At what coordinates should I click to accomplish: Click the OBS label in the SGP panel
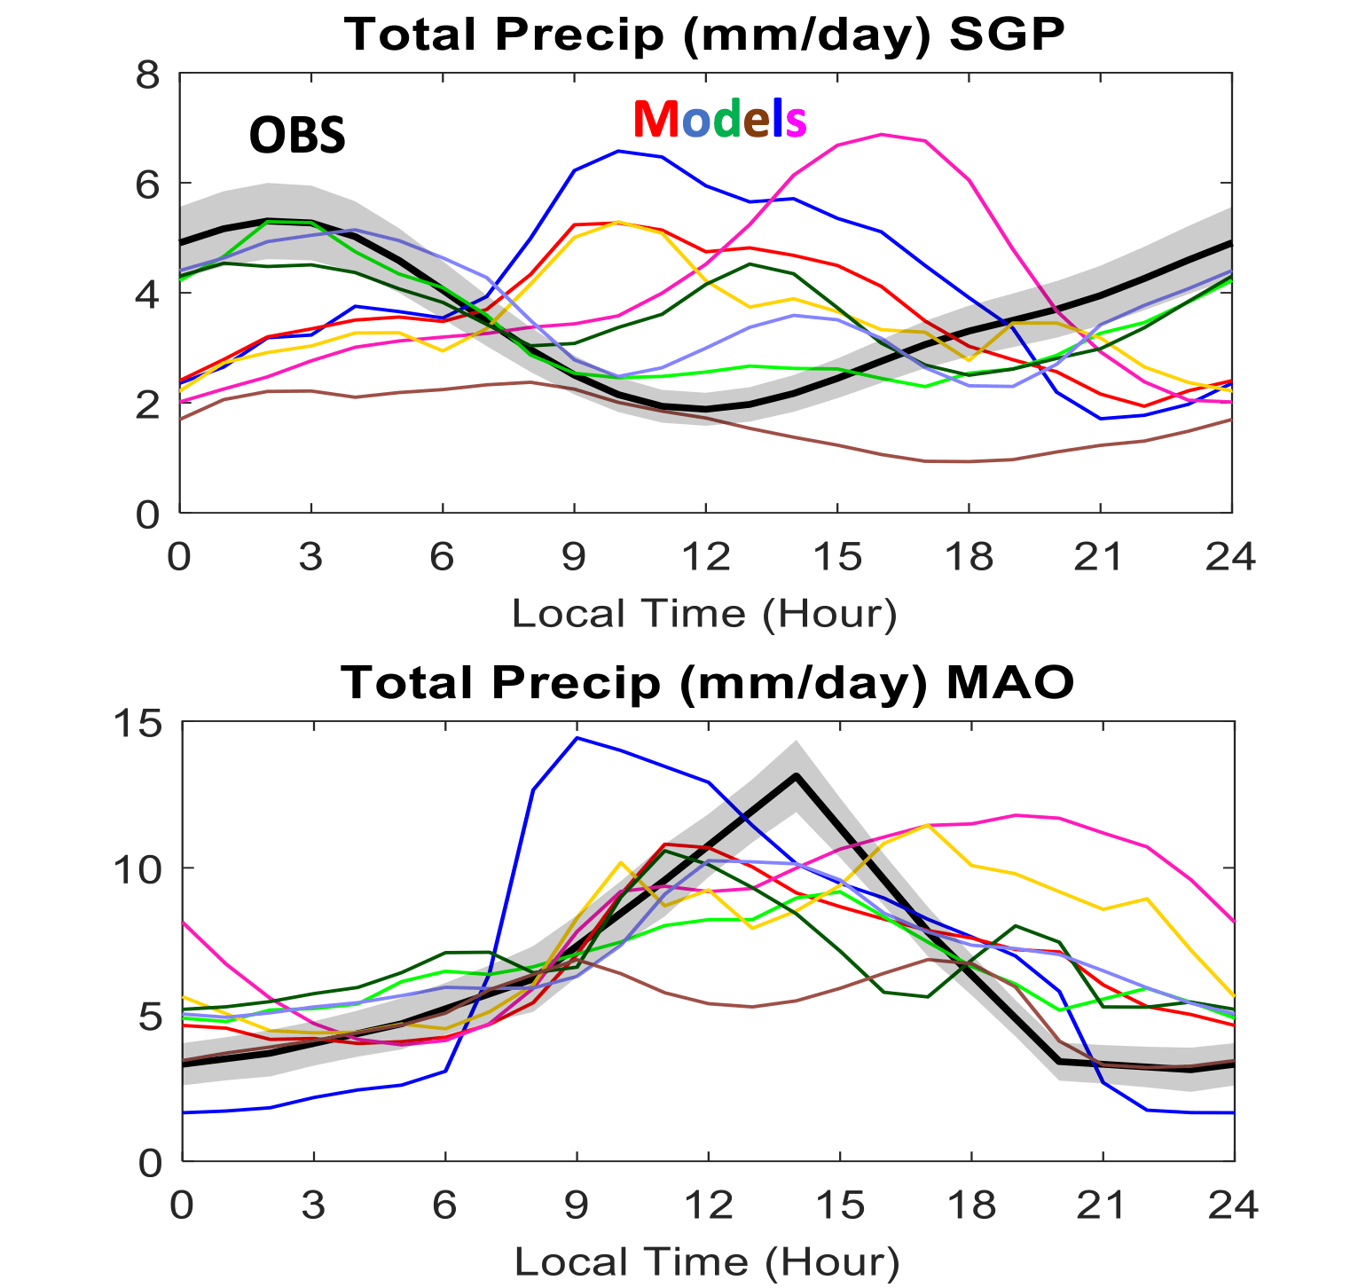coord(297,136)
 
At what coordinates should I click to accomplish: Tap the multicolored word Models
coord(719,119)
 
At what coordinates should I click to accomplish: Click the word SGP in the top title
coord(1006,35)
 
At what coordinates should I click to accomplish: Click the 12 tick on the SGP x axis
coord(705,557)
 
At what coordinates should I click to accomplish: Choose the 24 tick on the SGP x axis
coord(1230,557)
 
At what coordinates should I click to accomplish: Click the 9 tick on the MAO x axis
coord(577,1206)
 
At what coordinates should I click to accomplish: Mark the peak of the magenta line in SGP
coord(881,135)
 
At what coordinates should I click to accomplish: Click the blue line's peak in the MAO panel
coord(577,737)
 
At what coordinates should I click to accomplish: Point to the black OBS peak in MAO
coord(796,775)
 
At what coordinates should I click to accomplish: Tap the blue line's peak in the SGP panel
coord(618,152)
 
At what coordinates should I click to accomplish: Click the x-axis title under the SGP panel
coord(704,614)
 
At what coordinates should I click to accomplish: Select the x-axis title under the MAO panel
coord(707,1261)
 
